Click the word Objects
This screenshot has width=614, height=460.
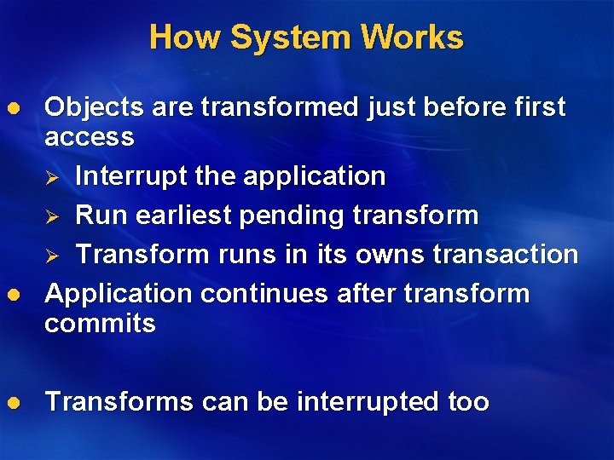94,108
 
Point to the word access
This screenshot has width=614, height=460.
90,137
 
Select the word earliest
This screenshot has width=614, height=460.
176,216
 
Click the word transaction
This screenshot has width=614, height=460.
508,255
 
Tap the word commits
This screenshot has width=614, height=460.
100,324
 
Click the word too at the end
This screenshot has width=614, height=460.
468,402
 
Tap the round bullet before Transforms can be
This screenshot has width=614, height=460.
12,402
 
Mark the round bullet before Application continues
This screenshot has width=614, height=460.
12,295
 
